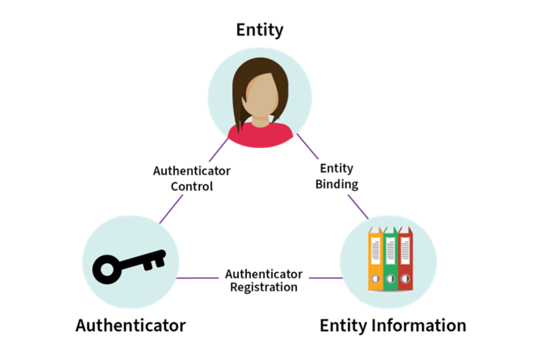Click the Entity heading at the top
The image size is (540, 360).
[259, 29]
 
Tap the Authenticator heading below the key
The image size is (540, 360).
[130, 325]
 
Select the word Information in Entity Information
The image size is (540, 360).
[419, 325]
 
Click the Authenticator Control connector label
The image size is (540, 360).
[191, 178]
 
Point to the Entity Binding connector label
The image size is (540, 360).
[336, 175]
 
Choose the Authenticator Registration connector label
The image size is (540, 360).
[263, 280]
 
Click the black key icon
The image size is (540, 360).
[129, 264]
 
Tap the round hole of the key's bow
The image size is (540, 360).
[107, 270]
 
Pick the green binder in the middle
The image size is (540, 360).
[390, 259]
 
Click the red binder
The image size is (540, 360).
[405, 259]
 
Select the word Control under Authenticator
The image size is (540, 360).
[192, 186]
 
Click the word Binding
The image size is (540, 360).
[336, 183]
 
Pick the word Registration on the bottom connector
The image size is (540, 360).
[263, 287]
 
